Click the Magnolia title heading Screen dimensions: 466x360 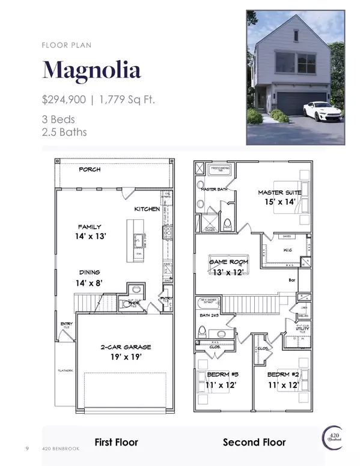(91, 70)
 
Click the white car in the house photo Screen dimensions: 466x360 (323, 111)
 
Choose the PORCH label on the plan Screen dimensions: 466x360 (90, 170)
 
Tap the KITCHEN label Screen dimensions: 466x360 (147, 209)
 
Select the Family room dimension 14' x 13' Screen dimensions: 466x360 (92, 237)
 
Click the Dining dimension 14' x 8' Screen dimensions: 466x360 (90, 282)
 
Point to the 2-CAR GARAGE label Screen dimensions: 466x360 (125, 347)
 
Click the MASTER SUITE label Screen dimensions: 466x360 (280, 192)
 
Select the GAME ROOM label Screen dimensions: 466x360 (228, 262)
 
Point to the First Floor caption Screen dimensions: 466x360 (117, 443)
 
